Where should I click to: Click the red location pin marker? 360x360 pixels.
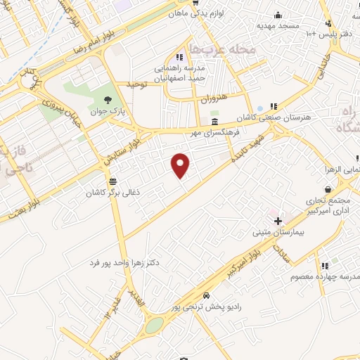pos(181,165)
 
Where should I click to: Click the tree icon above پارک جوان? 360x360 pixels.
pos(107,99)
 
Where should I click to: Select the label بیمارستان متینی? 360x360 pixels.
pos(279,231)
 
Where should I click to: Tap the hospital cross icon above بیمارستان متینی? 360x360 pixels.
pos(279,221)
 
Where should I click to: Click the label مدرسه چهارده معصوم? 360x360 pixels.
pos(325,277)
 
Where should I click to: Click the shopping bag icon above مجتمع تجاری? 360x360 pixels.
pos(328,189)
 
